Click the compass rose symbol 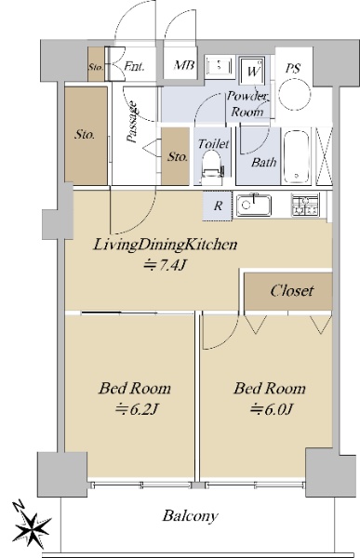click(31, 525)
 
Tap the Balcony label click(190, 515)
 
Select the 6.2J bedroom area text click(137, 410)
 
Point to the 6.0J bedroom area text click(271, 409)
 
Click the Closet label click(292, 291)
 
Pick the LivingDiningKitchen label click(165, 245)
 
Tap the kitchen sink click(254, 205)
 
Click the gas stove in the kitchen click(305, 205)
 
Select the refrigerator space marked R click(218, 206)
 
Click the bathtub click(296, 156)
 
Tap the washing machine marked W click(252, 71)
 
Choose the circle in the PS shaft click(295, 95)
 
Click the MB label click(184, 65)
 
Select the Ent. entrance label click(134, 66)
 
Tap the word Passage click(132, 123)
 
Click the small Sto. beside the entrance click(96, 67)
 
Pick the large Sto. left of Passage click(85, 135)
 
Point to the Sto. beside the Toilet click(178, 157)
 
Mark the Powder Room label click(247, 103)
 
